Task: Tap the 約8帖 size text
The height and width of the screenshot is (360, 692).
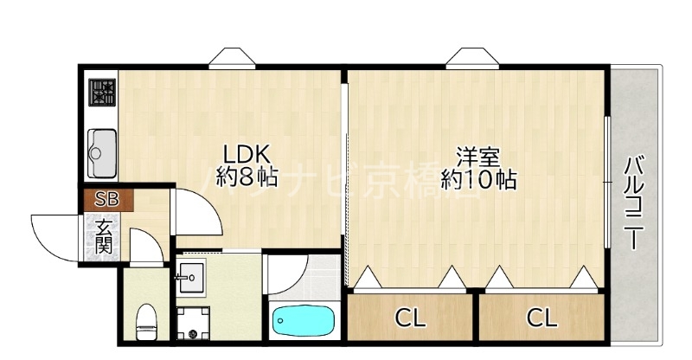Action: (x=246, y=179)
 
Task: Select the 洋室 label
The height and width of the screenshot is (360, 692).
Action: (x=478, y=157)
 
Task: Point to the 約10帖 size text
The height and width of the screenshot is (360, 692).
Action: (x=478, y=181)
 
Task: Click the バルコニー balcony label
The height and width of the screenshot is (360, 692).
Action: (x=636, y=202)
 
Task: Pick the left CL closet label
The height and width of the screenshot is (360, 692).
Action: (x=411, y=318)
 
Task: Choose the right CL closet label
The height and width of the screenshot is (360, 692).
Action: (x=541, y=318)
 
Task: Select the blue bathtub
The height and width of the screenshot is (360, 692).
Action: (x=304, y=322)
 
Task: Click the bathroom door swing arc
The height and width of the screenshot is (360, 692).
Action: (x=285, y=277)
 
